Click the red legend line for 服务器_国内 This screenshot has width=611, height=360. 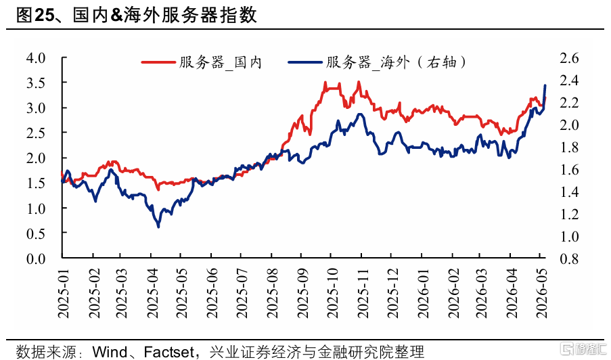tap(158, 62)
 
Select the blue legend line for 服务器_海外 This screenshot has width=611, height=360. tap(304, 62)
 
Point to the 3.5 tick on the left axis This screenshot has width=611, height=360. tap(36, 83)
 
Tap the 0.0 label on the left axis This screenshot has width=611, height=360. tap(36, 258)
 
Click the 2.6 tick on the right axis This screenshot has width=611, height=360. tap(569, 58)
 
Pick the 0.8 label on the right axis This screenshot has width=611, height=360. tap(569, 258)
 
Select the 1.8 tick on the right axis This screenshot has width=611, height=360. tap(569, 148)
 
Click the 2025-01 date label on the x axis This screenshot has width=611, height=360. tap(63, 293)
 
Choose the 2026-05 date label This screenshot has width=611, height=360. tap(541, 293)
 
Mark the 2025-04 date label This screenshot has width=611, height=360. tap(152, 293)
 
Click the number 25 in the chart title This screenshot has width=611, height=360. tap(44, 16)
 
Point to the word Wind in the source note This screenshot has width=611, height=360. tap(110, 352)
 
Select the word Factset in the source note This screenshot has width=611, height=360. tap(168, 352)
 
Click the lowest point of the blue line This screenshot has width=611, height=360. tap(158, 227)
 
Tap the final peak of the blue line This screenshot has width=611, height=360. tap(545, 85)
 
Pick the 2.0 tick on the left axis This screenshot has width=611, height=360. tap(36, 158)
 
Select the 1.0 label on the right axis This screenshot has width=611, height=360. tap(569, 236)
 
